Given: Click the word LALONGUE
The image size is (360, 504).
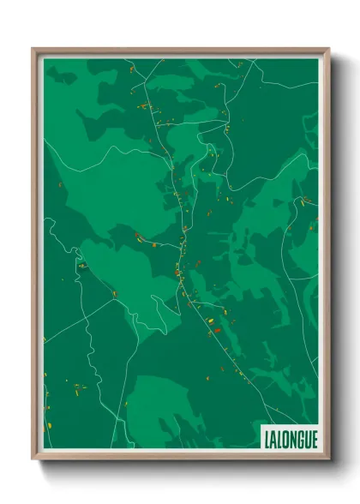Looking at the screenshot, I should [x=287, y=439].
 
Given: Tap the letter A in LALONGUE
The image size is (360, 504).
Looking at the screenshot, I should [x=268, y=439].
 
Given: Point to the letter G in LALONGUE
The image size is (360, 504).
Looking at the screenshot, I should [x=297, y=439].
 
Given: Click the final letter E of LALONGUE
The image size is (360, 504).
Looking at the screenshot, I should [x=314, y=439].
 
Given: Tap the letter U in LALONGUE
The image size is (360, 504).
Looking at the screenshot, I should [x=306, y=439].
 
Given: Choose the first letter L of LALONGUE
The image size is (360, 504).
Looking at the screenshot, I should [x=261, y=439].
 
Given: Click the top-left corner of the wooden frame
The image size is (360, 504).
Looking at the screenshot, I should [x=33, y=49].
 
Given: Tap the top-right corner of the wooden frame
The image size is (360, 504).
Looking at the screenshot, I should [x=328, y=49].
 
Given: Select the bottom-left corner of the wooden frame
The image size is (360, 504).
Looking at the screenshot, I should [x=33, y=459].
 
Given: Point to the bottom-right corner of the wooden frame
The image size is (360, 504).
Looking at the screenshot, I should [x=328, y=459].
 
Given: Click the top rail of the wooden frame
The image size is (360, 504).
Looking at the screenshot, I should [x=180, y=51].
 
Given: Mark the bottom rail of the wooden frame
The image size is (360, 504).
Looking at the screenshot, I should [x=180, y=456].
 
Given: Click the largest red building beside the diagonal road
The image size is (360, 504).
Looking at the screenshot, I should [x=217, y=330].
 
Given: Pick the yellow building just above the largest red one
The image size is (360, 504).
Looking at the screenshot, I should [x=212, y=321].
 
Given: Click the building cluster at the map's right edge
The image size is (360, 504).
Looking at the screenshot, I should [x=305, y=201].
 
